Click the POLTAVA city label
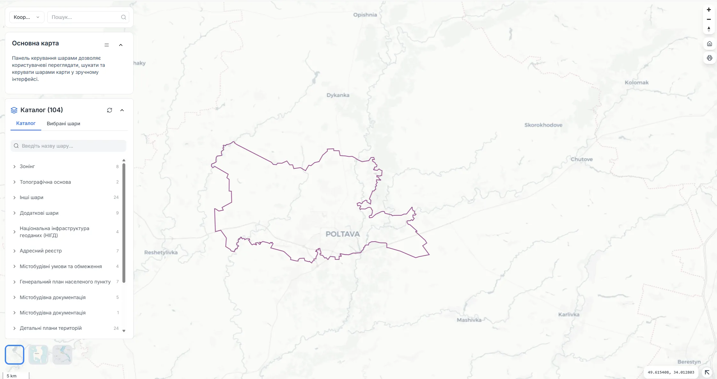(342, 234)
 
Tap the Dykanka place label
(338, 95)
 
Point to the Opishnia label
(365, 15)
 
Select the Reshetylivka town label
(161, 252)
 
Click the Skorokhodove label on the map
(543, 125)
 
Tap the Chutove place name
(581, 159)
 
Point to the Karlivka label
(569, 314)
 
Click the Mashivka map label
(469, 320)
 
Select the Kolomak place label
(636, 82)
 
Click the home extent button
(709, 44)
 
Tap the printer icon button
(709, 58)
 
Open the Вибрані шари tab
(63, 124)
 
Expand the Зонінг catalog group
(27, 166)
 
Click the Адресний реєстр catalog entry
(41, 251)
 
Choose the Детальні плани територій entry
(51, 328)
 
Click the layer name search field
(68, 146)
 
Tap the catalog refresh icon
(109, 110)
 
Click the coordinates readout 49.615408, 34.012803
(671, 372)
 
